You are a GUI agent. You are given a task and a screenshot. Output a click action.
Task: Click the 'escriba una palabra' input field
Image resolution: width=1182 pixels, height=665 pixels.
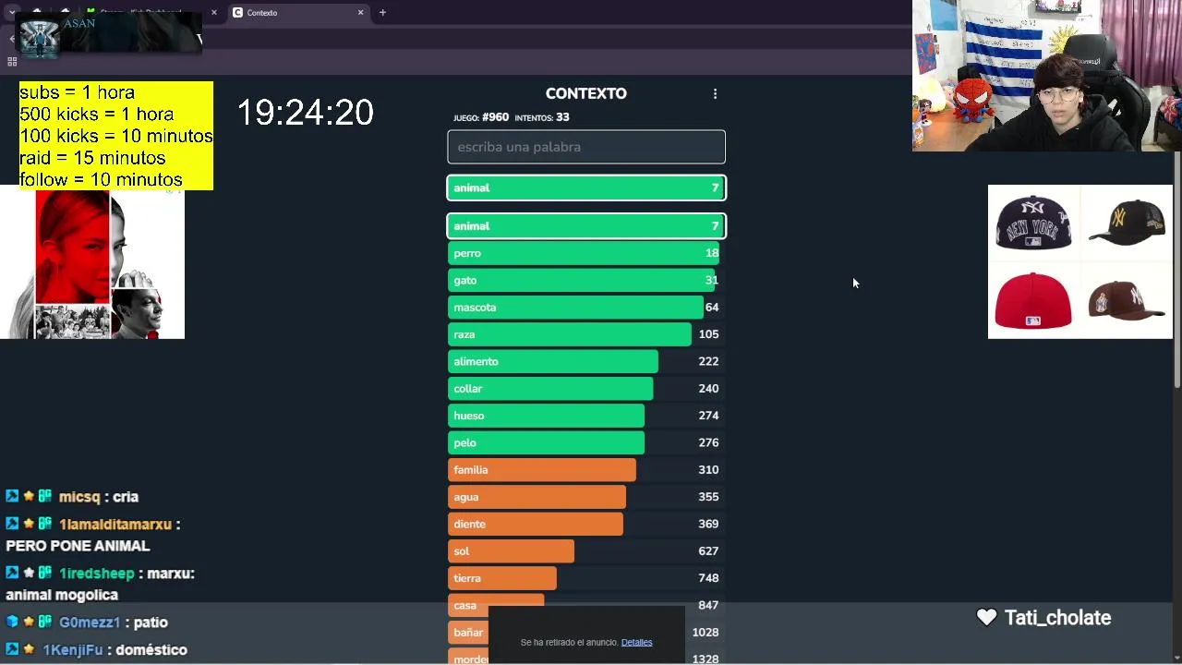pyautogui.click(x=585, y=147)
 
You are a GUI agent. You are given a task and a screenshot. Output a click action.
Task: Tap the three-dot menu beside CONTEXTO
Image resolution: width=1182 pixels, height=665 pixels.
pyautogui.click(x=715, y=94)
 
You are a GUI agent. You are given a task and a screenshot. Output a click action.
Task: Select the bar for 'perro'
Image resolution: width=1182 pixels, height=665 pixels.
pyautogui.click(x=583, y=253)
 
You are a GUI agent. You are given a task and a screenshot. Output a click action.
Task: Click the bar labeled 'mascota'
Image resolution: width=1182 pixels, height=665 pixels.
pyautogui.click(x=575, y=308)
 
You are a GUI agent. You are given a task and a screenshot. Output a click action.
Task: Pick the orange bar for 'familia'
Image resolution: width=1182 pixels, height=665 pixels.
pyautogui.click(x=542, y=470)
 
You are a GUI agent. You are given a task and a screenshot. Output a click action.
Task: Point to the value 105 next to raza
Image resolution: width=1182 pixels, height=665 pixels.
pyautogui.click(x=708, y=334)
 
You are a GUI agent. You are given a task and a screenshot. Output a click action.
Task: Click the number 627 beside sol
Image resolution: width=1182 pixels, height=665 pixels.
pyautogui.click(x=708, y=551)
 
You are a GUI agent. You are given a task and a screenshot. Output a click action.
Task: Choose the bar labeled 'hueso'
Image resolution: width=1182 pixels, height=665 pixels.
pyautogui.click(x=546, y=416)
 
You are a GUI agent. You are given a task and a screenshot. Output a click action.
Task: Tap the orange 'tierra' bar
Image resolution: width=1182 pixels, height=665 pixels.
pyautogui.click(x=502, y=578)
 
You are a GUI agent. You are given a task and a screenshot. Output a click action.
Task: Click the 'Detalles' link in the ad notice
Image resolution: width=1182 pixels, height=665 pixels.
pyautogui.click(x=636, y=642)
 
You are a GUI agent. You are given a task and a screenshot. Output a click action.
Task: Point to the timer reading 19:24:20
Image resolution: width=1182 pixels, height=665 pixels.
pyautogui.click(x=306, y=113)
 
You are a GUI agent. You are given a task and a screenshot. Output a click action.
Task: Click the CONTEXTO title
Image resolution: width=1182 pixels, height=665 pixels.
pyautogui.click(x=585, y=93)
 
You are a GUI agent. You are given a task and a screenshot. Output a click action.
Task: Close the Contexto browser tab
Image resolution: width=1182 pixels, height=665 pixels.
pyautogui.click(x=361, y=13)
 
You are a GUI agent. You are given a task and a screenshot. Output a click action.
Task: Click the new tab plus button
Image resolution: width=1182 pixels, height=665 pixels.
pyautogui.click(x=382, y=13)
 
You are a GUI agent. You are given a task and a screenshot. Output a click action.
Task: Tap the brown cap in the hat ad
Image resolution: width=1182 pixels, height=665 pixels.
pyautogui.click(x=1126, y=300)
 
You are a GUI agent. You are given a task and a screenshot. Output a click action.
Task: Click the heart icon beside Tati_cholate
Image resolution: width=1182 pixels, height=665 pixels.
pyautogui.click(x=986, y=618)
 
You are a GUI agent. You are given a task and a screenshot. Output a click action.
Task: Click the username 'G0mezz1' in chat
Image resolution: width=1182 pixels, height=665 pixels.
pyautogui.click(x=90, y=623)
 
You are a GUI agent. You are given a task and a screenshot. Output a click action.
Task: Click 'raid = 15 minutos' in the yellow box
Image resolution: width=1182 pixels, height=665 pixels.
pyautogui.click(x=92, y=158)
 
